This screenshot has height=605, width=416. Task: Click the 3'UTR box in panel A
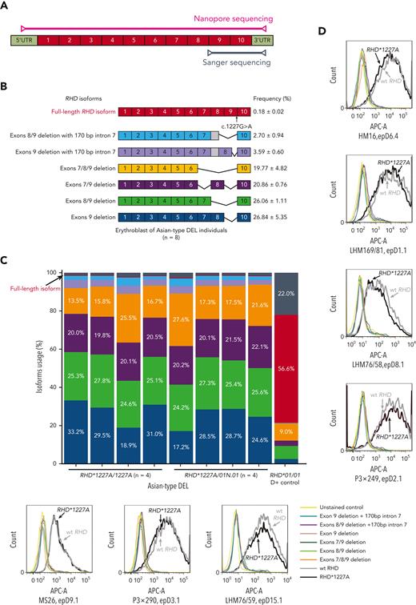[x=263, y=38]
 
